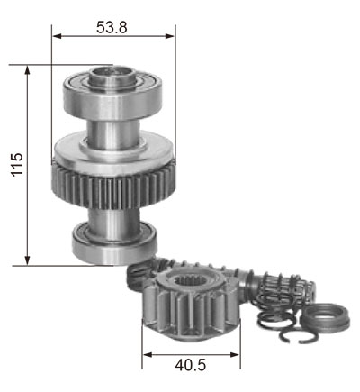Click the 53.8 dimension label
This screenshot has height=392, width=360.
coord(112,27)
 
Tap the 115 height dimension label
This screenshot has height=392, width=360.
coord(17,164)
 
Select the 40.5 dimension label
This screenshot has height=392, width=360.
coord(191,365)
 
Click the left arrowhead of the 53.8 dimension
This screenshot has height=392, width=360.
coord(58,36)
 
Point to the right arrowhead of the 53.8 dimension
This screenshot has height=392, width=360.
coord(170,36)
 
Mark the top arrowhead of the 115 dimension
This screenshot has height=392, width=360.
coord(28,70)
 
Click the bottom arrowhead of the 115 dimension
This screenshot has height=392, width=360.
coord(28,260)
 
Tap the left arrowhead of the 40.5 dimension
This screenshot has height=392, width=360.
coord(148,355)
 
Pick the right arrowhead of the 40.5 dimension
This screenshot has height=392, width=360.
coord(235,355)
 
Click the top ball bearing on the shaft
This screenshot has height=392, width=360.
coord(112,97)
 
